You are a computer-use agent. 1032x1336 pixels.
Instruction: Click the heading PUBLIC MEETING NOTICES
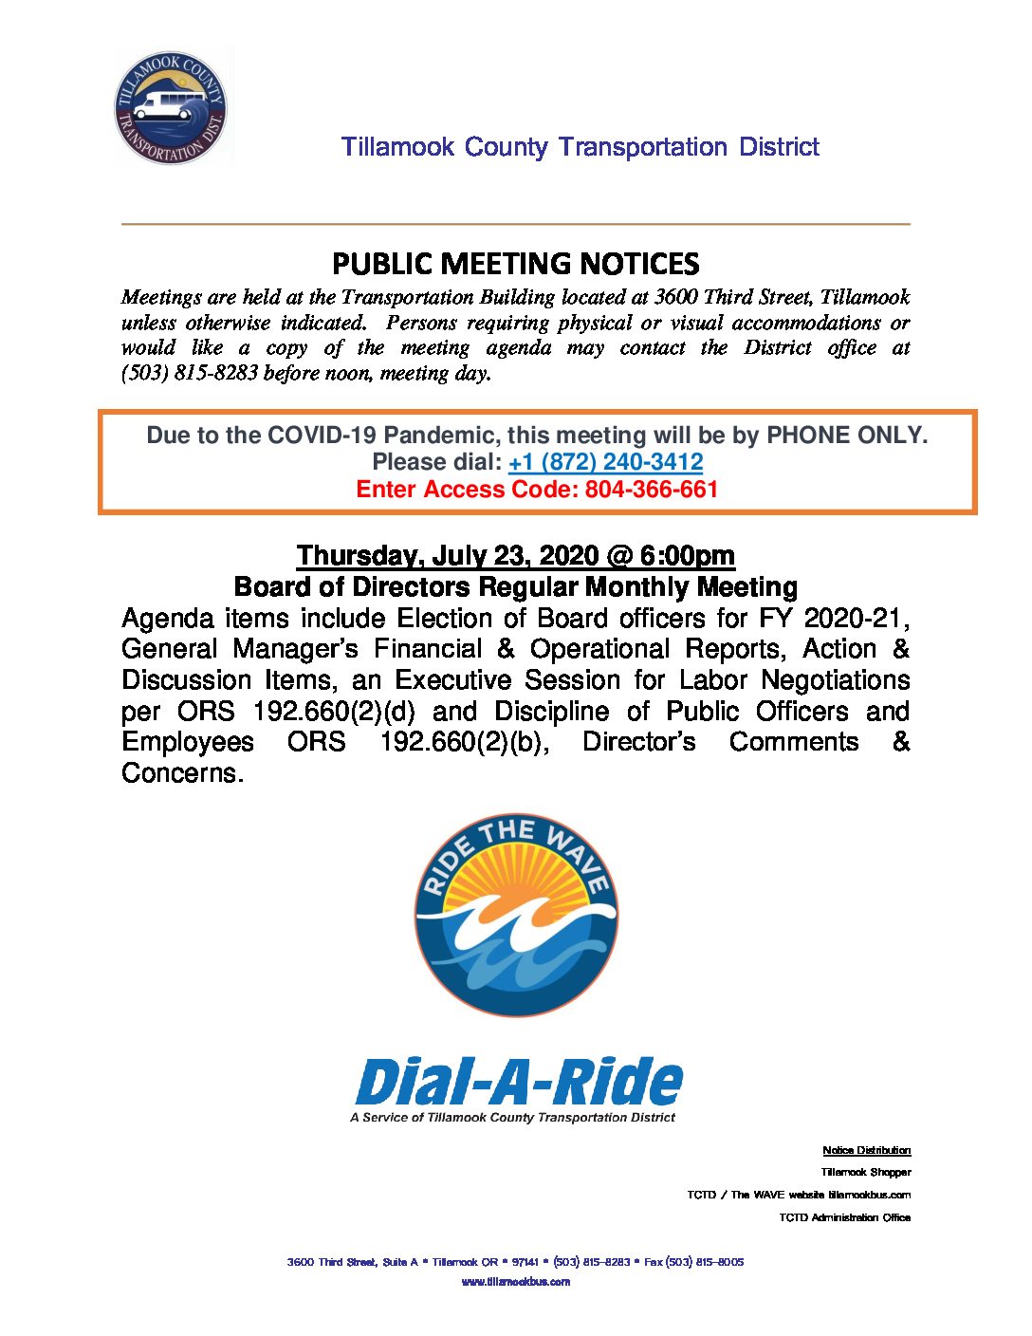pyautogui.click(x=516, y=263)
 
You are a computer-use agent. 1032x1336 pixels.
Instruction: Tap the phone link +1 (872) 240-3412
pyautogui.click(x=605, y=462)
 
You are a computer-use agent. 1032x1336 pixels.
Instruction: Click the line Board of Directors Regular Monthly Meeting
pyautogui.click(x=516, y=586)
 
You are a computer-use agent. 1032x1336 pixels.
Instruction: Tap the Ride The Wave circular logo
pyautogui.click(x=516, y=915)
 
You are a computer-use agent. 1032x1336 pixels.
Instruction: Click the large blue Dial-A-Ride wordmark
pyautogui.click(x=518, y=1082)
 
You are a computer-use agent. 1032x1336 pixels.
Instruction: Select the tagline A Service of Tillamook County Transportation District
pyautogui.click(x=512, y=1118)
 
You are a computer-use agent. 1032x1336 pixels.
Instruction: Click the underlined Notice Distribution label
pyautogui.click(x=866, y=1150)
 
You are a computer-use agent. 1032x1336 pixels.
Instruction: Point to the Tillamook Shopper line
pyautogui.click(x=865, y=1172)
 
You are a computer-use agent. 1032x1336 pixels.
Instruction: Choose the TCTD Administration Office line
pyautogui.click(x=844, y=1217)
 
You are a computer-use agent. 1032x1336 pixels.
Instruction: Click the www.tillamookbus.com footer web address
pyautogui.click(x=516, y=1282)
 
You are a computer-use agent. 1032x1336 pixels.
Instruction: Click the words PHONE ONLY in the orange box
pyautogui.click(x=845, y=436)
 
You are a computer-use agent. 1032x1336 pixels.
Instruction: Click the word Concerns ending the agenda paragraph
pyautogui.click(x=181, y=773)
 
